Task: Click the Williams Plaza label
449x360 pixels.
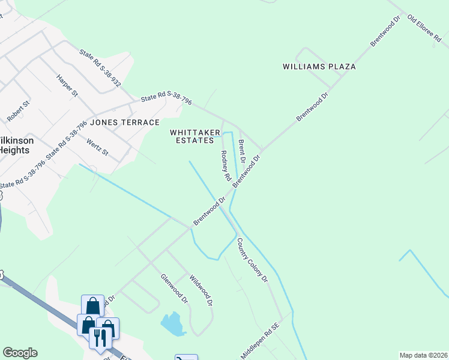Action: coord(319,67)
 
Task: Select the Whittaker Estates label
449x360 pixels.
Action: coord(191,136)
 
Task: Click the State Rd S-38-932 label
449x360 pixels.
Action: coord(100,68)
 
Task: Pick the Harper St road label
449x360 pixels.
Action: coord(67,86)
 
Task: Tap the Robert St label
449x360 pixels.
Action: coord(18,111)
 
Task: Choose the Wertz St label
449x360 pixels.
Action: coord(97,147)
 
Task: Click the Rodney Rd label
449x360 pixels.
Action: coord(226,166)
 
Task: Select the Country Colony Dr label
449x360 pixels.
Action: coord(252,261)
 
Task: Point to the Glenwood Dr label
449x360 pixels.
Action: coord(174,289)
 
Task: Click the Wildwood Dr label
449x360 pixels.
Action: coord(201,290)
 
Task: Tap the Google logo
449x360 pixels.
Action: coord(20,353)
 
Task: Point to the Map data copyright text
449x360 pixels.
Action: coord(423,355)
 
